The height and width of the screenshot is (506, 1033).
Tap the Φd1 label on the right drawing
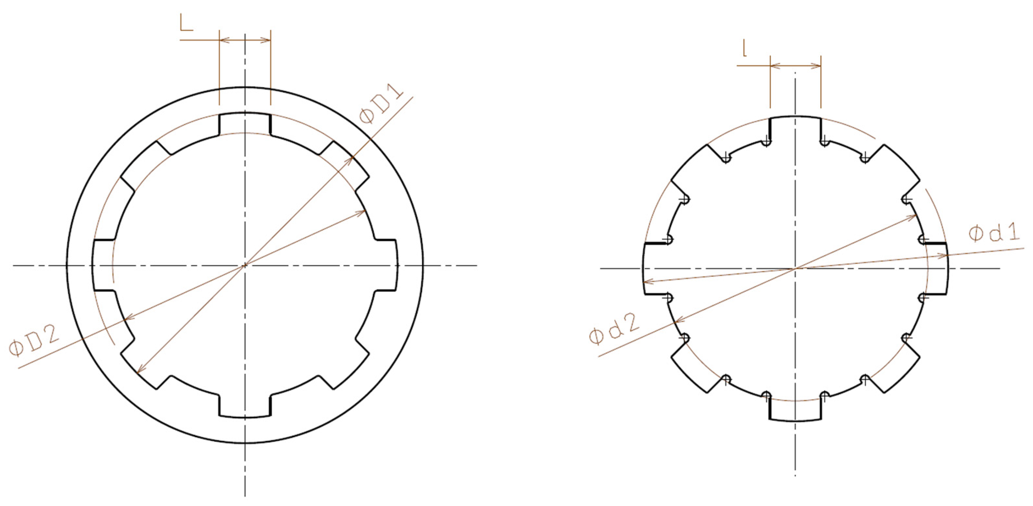point(994,233)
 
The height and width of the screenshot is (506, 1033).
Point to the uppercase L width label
point(186,24)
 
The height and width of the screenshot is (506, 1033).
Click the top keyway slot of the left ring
point(245,124)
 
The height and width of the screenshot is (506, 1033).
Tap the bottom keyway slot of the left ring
point(245,407)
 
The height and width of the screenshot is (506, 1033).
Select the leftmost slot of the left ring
point(104,265)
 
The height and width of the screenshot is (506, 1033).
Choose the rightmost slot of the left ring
point(386,265)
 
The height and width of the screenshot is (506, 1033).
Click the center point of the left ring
point(245,265)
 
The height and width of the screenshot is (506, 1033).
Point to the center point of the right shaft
point(795,269)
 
